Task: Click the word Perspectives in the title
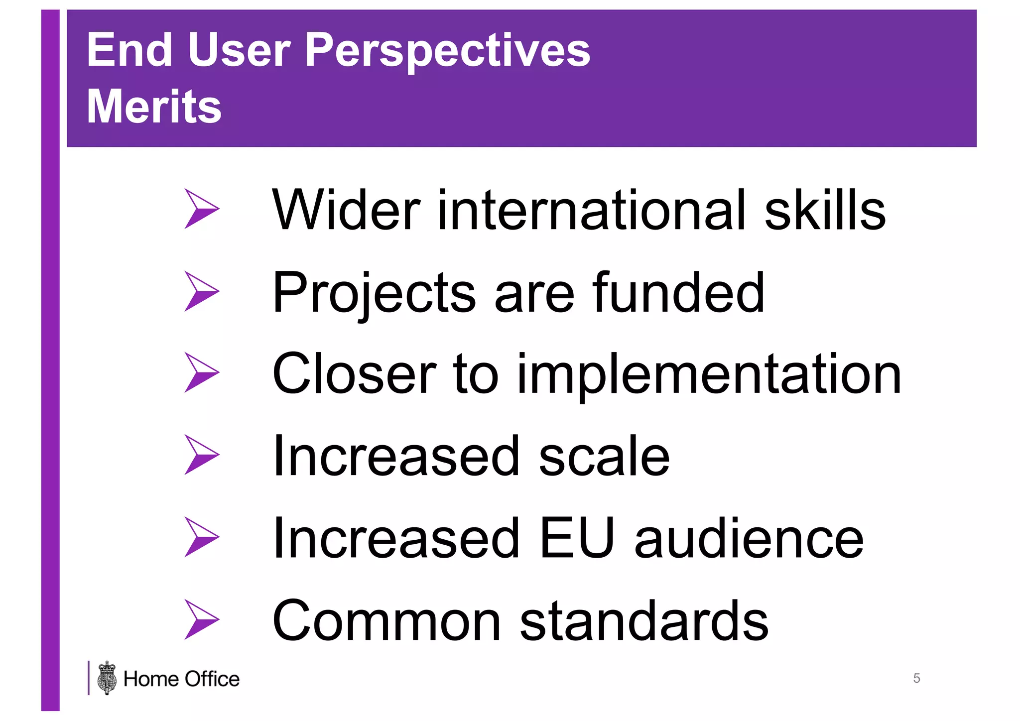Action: point(447,51)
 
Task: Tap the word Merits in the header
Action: point(154,107)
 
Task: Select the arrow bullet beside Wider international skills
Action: point(200,209)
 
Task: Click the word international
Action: point(591,211)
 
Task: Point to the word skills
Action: point(825,211)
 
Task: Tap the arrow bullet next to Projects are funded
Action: point(200,291)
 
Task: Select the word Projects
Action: point(374,294)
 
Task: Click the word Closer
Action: point(354,374)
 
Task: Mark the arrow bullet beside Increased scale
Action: point(200,455)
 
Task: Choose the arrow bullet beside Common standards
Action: point(200,619)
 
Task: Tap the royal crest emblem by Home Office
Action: point(107,678)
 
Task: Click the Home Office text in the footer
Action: point(181,679)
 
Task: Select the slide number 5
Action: point(916,678)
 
